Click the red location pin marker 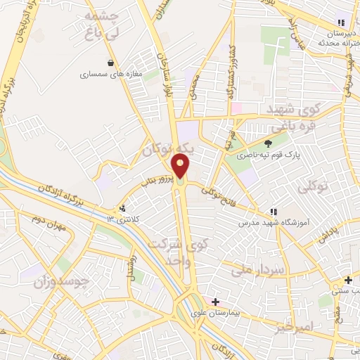click(181, 166)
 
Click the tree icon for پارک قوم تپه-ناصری click(267, 144)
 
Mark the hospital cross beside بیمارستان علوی click(215, 302)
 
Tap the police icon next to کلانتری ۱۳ click(124, 208)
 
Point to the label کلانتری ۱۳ click(119, 220)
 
